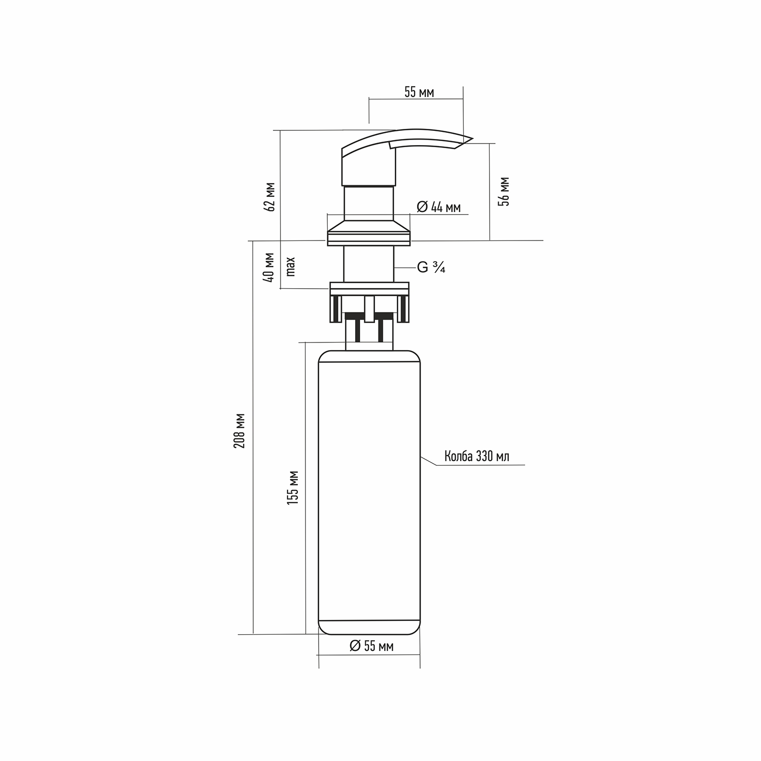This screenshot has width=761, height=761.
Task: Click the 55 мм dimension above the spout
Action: pyautogui.click(x=419, y=92)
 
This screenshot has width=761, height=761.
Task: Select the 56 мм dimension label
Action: pyautogui.click(x=504, y=191)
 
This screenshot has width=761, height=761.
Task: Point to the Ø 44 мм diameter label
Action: pyautogui.click(x=439, y=207)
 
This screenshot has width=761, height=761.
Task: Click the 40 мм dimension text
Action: pyautogui.click(x=270, y=267)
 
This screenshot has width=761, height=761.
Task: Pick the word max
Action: pyautogui.click(x=290, y=266)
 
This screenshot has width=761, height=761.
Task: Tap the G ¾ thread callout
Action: pyautogui.click(x=431, y=267)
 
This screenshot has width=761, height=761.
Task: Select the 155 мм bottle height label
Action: pyautogui.click(x=293, y=487)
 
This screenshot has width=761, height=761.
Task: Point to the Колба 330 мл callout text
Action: pyautogui.click(x=477, y=456)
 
